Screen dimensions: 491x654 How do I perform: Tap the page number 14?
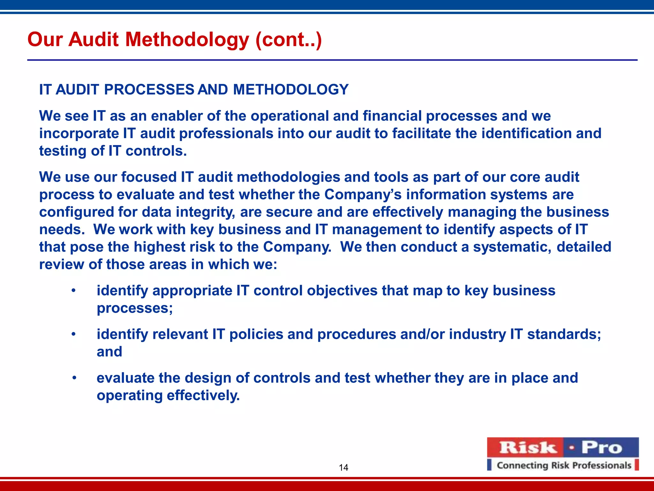point(343,468)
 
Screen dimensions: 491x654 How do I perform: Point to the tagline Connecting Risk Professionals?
point(564,465)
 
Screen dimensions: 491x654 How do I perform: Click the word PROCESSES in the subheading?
point(149,90)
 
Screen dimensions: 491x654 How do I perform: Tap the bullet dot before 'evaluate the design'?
point(74,378)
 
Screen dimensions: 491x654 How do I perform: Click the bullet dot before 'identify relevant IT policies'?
point(73,334)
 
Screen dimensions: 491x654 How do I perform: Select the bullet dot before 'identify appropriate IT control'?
point(73,291)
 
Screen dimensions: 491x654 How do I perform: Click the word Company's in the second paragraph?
point(363,194)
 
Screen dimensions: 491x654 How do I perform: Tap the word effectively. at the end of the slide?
point(203,395)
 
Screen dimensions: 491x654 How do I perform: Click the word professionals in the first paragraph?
point(226,133)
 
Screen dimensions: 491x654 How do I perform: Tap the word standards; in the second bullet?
point(564,334)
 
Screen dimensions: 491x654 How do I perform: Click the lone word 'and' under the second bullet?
point(109,352)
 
